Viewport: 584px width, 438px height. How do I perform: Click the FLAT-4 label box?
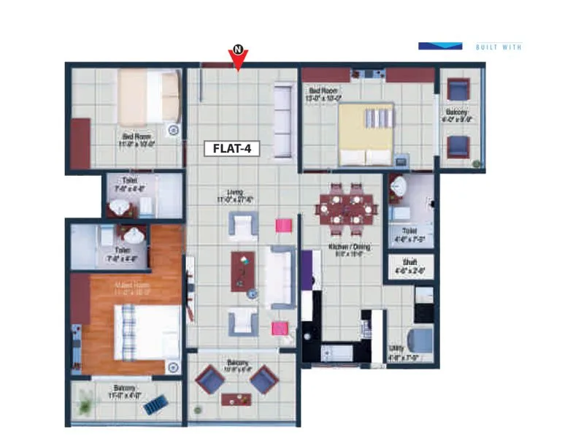(232, 148)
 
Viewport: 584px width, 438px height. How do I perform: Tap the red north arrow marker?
(238, 58)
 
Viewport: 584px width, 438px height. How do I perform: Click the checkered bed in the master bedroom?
(147, 332)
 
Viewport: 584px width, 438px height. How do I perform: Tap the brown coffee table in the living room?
(243, 270)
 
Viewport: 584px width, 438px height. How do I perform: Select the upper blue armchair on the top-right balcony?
(458, 90)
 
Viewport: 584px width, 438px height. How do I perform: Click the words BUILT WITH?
(499, 47)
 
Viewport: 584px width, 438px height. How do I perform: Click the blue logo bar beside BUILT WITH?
(440, 46)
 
